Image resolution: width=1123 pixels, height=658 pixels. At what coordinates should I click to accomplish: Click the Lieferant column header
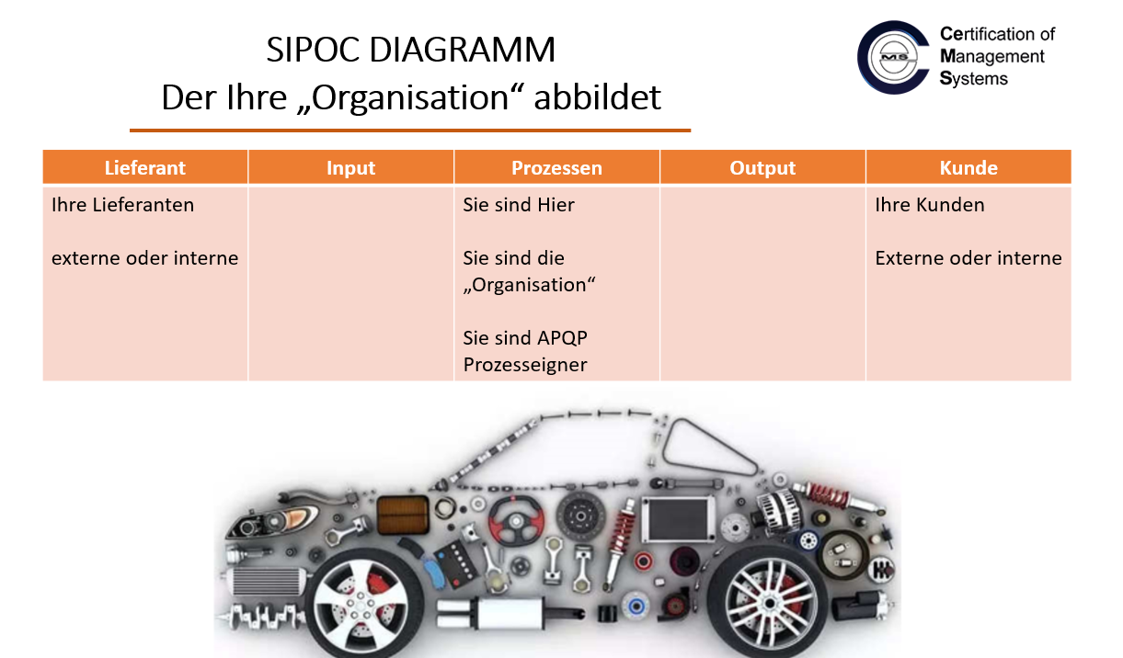[145, 167]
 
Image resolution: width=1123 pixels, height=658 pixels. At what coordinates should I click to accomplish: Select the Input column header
[351, 167]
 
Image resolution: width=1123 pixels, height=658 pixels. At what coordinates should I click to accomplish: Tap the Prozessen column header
[556, 167]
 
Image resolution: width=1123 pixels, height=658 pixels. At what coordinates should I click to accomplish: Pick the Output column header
[762, 167]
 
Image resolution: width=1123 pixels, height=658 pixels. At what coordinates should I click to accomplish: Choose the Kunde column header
[968, 167]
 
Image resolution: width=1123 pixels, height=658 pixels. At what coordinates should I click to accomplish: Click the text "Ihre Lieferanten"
[123, 205]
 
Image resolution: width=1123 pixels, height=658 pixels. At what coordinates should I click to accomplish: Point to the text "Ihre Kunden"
[930, 205]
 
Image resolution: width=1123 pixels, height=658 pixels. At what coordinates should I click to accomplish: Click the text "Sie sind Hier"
[519, 205]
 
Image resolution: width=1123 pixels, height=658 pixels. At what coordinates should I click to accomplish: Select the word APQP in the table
[562, 338]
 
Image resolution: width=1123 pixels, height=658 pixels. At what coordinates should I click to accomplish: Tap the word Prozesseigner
[525, 365]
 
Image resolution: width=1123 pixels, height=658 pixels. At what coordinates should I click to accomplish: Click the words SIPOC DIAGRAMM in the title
[410, 50]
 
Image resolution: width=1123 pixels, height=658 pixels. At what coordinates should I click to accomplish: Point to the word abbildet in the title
[597, 96]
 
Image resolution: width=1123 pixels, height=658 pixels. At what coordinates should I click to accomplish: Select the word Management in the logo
[992, 57]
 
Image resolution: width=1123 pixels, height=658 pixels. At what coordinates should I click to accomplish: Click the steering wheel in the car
[516, 521]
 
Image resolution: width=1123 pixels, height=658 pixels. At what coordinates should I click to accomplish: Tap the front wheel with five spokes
[362, 605]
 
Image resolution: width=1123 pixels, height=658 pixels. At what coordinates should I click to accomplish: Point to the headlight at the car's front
[273, 521]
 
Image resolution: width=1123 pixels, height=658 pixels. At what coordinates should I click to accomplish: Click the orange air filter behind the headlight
[403, 515]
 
